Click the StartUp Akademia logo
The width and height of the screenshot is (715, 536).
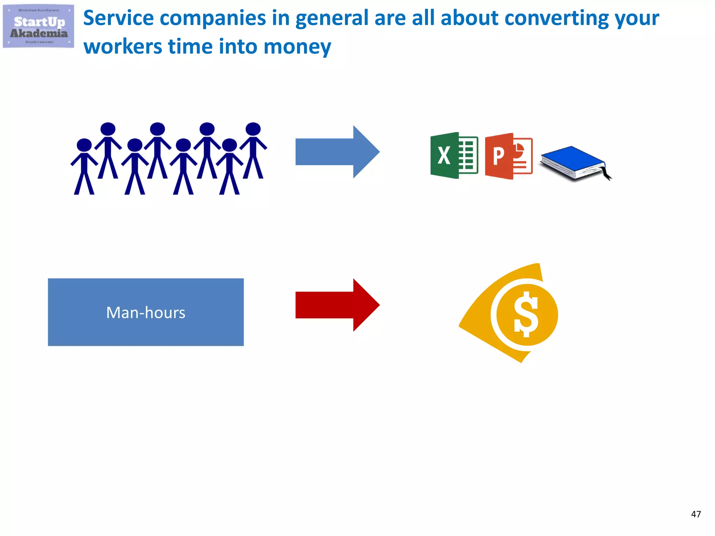click(38, 27)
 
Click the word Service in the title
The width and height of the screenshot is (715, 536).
click(118, 18)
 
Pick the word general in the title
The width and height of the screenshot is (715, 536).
click(332, 19)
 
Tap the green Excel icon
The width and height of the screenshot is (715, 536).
click(454, 156)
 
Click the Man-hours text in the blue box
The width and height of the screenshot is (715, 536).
click(146, 313)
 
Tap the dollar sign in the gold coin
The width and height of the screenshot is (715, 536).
click(526, 314)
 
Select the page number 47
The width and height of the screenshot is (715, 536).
click(696, 514)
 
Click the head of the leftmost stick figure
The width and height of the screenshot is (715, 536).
click(84, 145)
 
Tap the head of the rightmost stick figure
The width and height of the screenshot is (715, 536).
click(253, 129)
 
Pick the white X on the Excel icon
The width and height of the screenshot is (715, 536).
click(444, 156)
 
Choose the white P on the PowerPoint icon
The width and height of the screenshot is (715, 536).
click(498, 156)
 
